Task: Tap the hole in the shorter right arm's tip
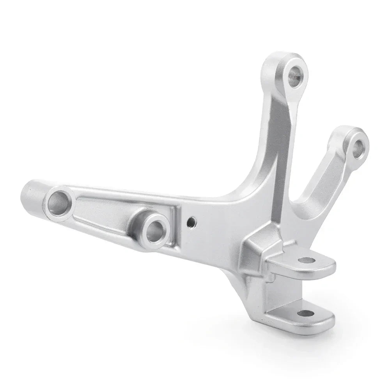point(359,147)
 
